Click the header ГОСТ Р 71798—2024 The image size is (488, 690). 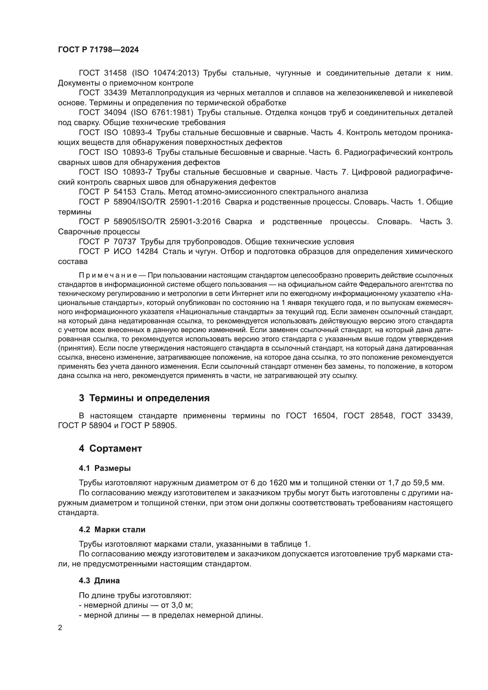98,50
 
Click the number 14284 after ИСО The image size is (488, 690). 147,252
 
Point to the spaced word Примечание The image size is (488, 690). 108,275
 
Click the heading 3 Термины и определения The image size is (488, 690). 144,398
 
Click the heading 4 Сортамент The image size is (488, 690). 110,448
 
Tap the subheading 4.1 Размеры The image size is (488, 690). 105,468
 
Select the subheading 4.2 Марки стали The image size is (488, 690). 112,530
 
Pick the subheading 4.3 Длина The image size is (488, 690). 99,581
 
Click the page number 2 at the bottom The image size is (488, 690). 60,628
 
